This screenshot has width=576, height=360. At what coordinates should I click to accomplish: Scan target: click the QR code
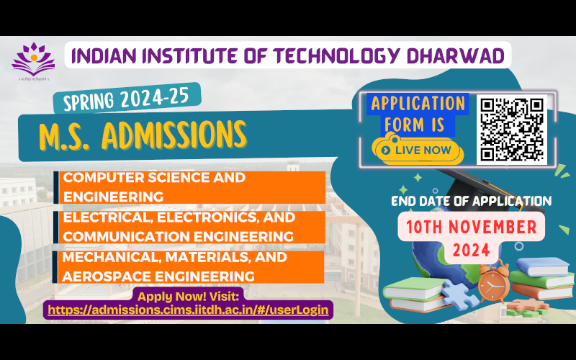pos(512,130)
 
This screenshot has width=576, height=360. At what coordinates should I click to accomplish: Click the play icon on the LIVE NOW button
pos(387,150)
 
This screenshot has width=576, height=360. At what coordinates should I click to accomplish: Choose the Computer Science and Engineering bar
pos(191,186)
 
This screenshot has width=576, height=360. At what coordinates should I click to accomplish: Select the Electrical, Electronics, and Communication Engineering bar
pos(191,226)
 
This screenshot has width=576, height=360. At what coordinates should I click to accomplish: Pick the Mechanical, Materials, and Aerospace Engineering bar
pos(191,266)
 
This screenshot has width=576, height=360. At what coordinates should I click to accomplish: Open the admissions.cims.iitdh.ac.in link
pos(188,310)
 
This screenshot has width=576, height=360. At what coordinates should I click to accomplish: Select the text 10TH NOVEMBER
pos(471,228)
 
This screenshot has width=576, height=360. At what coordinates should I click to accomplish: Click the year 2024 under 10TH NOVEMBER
pos(471,251)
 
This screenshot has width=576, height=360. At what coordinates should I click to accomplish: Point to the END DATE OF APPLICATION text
pos(471,201)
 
